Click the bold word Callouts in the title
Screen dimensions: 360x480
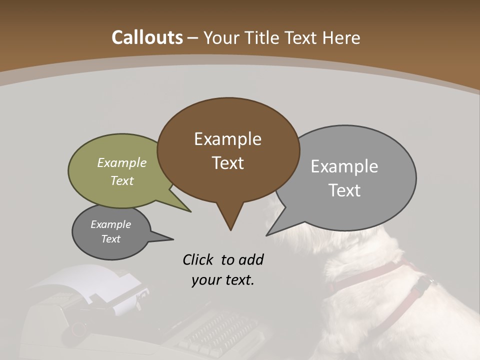(x=147, y=37)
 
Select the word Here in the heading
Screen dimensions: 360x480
(x=342, y=37)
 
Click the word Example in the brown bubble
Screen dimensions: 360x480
(x=227, y=139)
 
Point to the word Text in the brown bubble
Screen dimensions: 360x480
(x=227, y=163)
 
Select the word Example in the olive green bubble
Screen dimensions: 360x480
(x=122, y=162)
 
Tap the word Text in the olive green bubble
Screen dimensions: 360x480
(x=122, y=180)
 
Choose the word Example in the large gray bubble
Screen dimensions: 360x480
(x=344, y=166)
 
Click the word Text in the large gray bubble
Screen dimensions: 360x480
(x=344, y=190)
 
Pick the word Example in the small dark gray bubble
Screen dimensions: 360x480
(x=111, y=224)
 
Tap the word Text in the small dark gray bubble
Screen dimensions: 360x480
(x=111, y=239)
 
